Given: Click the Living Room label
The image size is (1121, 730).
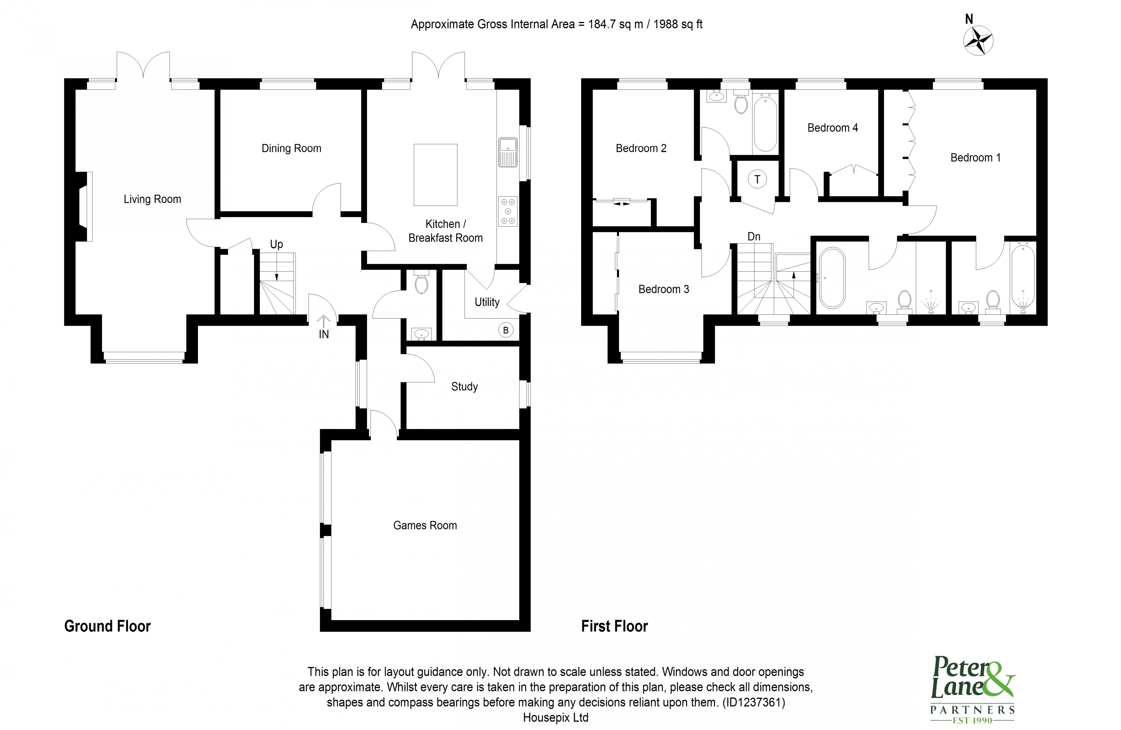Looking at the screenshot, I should click(x=152, y=199).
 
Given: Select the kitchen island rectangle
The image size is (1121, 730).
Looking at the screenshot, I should click(x=435, y=175).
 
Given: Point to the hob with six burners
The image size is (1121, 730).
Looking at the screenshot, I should click(x=508, y=212).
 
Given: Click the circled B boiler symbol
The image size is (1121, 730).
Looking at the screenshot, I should click(x=505, y=330).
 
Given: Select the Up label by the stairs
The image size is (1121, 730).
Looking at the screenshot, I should click(x=277, y=244).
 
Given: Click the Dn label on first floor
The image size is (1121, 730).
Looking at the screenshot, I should click(x=754, y=236).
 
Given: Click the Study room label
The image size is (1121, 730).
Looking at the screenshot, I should click(x=464, y=387).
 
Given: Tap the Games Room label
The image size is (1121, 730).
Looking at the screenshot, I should click(x=425, y=525).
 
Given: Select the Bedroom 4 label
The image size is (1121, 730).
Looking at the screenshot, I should click(x=832, y=128).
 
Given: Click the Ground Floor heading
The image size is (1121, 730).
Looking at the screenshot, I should click(x=107, y=626).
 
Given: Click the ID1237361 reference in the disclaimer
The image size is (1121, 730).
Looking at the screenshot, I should click(x=754, y=703).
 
